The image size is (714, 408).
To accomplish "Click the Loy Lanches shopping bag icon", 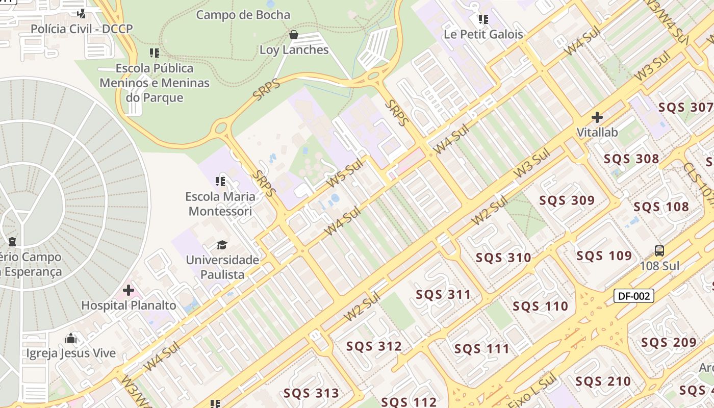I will pos(293,35).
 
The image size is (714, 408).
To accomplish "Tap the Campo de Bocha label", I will pos(243,15).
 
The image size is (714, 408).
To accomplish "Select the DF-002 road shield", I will pos(633,296).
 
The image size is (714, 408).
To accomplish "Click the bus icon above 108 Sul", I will pos(659,251).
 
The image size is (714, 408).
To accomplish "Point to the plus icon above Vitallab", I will pos(597,117).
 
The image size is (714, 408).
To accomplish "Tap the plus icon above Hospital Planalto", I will pos(129,291).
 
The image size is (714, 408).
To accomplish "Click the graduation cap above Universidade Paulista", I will pos(222,245).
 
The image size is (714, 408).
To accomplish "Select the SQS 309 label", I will pos(567,200).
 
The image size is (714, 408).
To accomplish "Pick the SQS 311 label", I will pos(443,294).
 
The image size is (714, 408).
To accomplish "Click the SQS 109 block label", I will pos(604,256).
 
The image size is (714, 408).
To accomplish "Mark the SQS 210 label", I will pos(603,381).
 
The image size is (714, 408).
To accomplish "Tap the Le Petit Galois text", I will pos(483,34).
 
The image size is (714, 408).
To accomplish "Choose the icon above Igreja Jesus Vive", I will pos(71,338).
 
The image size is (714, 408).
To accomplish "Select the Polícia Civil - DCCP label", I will pos(82,29).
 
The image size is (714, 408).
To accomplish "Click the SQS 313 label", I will pos(311,393).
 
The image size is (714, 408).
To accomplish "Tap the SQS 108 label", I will pos(661,207).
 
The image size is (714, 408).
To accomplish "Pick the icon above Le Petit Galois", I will pos(483,19).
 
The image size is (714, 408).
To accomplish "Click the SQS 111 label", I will pos(482,349).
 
